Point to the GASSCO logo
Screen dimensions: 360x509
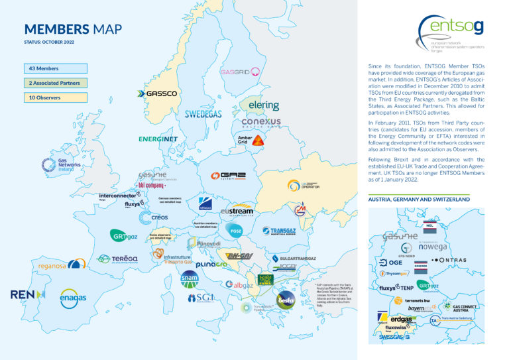[157, 94]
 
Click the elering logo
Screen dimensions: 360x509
[263, 105]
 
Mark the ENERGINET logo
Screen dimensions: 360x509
[158, 139]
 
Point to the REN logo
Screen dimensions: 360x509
[27, 294]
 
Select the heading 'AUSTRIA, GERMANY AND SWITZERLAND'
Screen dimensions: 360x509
[419, 199]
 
